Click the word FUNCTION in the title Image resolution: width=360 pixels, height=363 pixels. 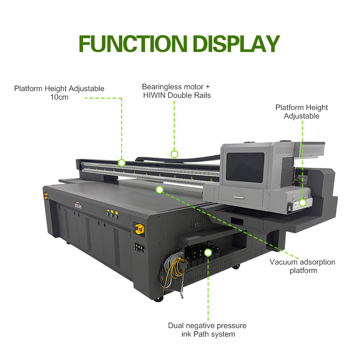tap(133, 44)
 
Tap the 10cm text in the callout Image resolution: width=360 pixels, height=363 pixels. tap(60, 97)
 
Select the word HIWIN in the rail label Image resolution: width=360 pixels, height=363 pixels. tap(155, 95)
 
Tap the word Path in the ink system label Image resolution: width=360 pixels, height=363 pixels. tap(200, 334)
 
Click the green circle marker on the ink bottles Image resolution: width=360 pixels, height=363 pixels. tap(208, 253)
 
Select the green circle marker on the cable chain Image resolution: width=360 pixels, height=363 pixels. tap(174, 154)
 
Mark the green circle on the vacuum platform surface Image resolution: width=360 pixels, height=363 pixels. tap(159, 190)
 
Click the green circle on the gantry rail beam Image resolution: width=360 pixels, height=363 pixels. tap(121, 163)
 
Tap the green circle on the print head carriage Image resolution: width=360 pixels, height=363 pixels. tap(302, 203)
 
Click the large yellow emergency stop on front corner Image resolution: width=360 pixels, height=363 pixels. tap(140, 229)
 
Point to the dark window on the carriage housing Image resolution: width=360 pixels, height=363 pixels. tap(245, 167)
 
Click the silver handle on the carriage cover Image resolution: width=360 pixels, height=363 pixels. tap(239, 198)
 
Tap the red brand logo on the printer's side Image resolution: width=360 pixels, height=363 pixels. tap(78, 206)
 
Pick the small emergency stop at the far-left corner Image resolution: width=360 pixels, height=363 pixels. tap(46, 196)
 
